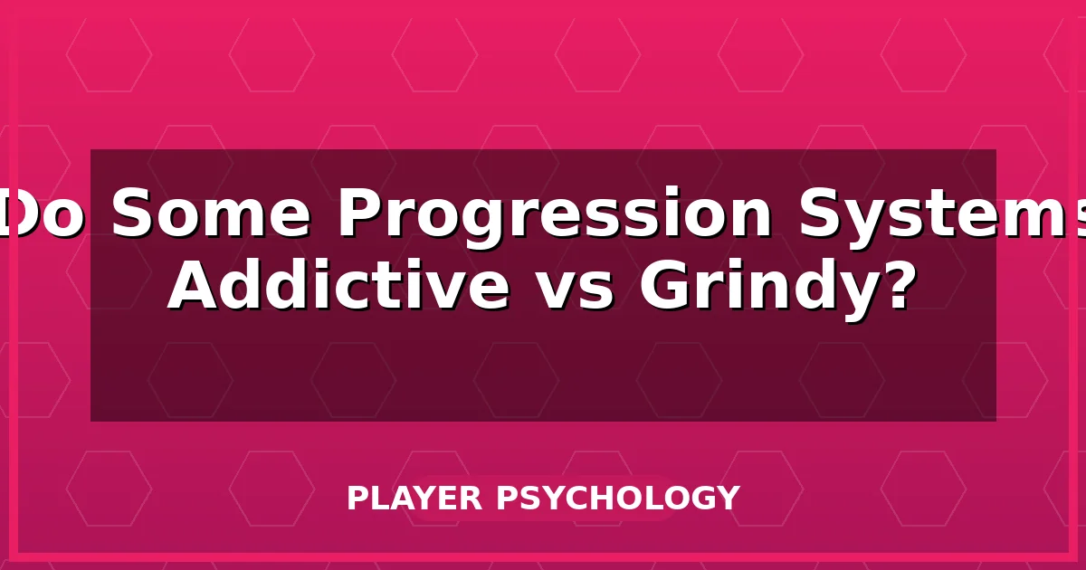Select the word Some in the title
coord(211,214)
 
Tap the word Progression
coord(555,214)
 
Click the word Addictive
coord(338,287)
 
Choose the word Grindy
coord(762,287)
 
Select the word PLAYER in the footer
coord(415,499)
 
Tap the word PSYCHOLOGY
coord(617,499)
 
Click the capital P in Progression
coord(359,214)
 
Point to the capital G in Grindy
coord(667,287)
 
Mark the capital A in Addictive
coord(196,287)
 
